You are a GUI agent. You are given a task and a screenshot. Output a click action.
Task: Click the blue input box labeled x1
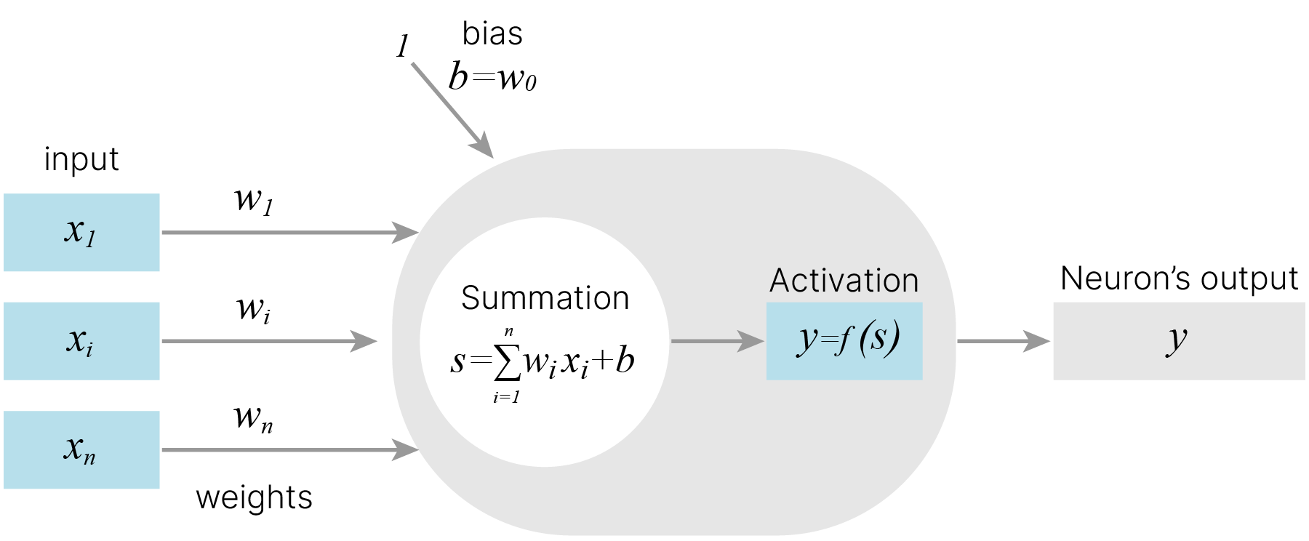click(x=81, y=233)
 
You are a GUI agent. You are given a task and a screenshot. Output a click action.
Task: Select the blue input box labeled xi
click(x=81, y=341)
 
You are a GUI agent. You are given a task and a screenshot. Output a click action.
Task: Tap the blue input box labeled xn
click(x=81, y=450)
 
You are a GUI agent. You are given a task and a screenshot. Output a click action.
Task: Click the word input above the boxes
click(x=81, y=159)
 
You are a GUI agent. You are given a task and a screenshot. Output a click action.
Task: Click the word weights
click(x=254, y=498)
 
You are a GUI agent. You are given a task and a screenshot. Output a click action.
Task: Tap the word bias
click(x=492, y=33)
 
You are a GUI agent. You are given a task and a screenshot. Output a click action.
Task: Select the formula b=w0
click(x=492, y=76)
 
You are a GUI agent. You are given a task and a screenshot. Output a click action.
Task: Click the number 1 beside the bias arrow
click(x=402, y=47)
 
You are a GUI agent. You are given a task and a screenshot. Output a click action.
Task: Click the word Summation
click(x=545, y=298)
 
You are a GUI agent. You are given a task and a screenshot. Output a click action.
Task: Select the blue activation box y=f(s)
click(x=844, y=341)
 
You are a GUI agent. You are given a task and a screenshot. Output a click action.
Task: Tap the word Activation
click(x=844, y=281)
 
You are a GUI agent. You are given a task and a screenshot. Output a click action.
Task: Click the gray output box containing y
click(x=1178, y=341)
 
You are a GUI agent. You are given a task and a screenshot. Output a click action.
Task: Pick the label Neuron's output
click(x=1179, y=278)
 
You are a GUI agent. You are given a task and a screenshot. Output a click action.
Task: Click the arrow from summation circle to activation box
click(x=717, y=341)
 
